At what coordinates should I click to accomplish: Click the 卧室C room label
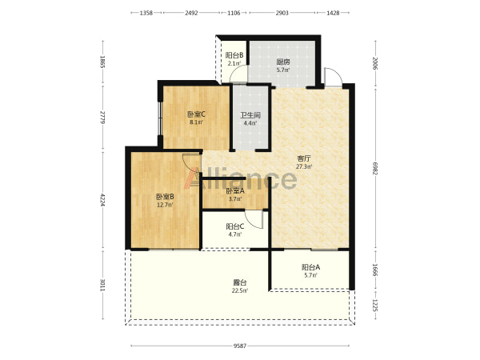coord(196,114)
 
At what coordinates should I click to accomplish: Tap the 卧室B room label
coord(165,197)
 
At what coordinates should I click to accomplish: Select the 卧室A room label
coord(235,191)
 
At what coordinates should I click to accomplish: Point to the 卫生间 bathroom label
coord(250,115)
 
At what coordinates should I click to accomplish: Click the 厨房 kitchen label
coord(283,62)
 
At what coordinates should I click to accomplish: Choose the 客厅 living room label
coord(304,158)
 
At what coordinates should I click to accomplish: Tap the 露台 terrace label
coord(240,282)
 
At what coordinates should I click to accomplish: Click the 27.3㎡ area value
coord(304,167)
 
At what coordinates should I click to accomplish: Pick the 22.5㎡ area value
coord(240,291)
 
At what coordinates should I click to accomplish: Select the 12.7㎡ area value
coord(165,205)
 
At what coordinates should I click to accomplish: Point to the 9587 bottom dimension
coord(240,346)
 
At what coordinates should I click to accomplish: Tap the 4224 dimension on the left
coord(103,200)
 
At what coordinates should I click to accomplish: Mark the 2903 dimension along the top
coord(282,13)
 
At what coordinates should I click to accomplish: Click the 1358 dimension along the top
coord(146,13)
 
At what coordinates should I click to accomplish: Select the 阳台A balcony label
coord(310,267)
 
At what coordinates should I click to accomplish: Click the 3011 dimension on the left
coord(103,286)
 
